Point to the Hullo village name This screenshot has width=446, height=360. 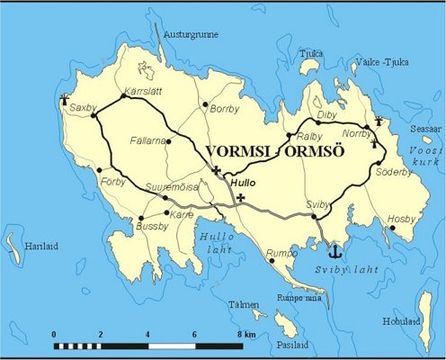coord(244,183)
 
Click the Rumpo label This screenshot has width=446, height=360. coord(283,253)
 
